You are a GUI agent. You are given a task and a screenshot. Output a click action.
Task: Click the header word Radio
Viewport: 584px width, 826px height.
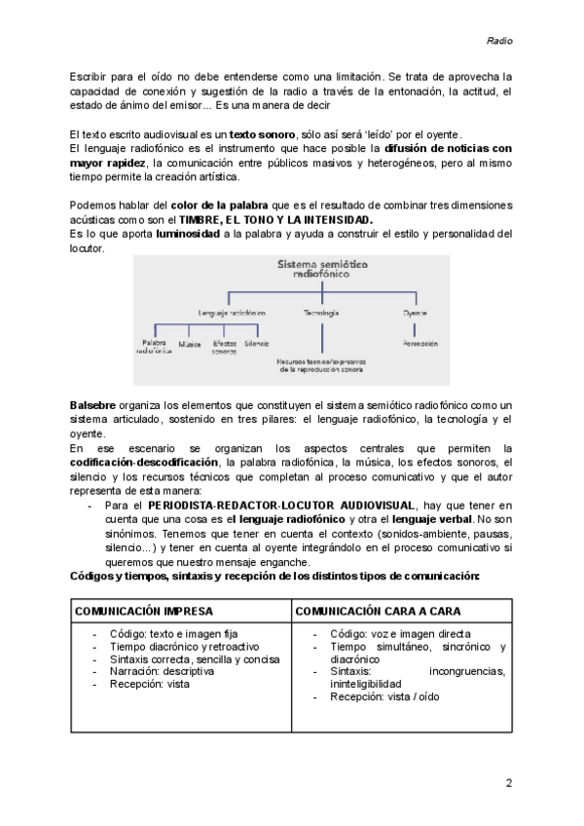pyautogui.click(x=498, y=41)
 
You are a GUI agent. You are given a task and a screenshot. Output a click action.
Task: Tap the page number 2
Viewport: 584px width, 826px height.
pyautogui.click(x=508, y=783)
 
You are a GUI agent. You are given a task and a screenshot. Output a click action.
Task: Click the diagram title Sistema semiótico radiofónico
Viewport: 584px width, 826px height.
pyautogui.click(x=319, y=270)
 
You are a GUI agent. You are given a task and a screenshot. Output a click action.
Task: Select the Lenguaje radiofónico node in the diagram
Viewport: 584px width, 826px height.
pyautogui.click(x=233, y=314)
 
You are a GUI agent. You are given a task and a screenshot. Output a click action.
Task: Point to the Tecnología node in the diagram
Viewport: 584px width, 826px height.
pyautogui.click(x=321, y=314)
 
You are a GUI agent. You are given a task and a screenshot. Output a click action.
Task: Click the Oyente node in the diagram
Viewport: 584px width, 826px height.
pyautogui.click(x=415, y=314)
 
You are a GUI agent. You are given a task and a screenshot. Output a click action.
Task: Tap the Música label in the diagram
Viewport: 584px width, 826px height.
pyautogui.click(x=190, y=344)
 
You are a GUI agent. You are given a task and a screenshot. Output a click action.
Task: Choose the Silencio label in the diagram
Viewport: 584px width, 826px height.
pyautogui.click(x=257, y=344)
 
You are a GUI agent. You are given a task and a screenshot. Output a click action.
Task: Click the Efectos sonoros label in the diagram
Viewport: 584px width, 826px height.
pyautogui.click(x=224, y=348)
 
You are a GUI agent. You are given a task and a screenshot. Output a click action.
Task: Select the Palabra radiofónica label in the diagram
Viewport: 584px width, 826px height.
pyautogui.click(x=154, y=348)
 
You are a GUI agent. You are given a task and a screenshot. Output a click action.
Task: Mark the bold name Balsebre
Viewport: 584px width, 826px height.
pyautogui.click(x=93, y=404)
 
